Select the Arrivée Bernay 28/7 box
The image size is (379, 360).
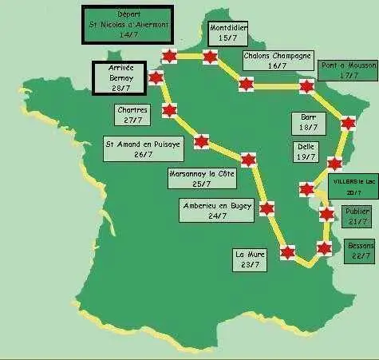point(120,78)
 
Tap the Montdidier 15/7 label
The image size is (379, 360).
point(228,33)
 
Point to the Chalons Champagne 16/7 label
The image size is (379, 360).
point(277,61)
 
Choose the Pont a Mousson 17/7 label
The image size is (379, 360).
point(348,70)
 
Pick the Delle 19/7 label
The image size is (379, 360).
point(306,152)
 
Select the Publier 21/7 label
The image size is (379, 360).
point(356,216)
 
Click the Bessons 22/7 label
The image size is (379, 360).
point(360,251)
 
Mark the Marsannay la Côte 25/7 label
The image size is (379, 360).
point(201,178)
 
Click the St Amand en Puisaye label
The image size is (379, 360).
point(144,149)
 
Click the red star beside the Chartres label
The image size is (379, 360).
point(168,111)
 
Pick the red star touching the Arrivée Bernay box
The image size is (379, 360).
point(156,77)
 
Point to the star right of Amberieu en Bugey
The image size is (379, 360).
point(266,209)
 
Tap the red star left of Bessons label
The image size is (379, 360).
point(323,247)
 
